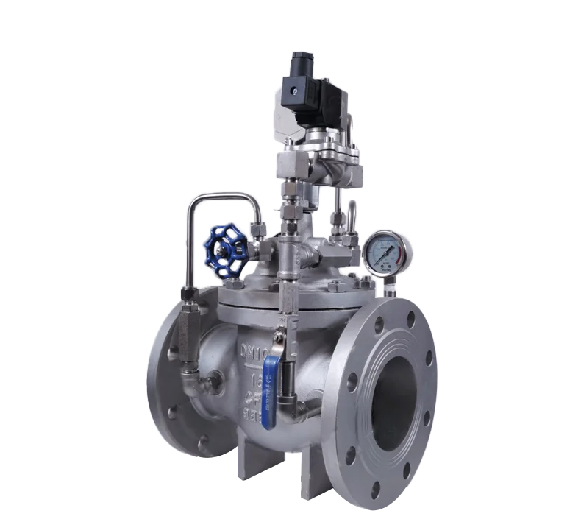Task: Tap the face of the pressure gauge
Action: click(x=385, y=253)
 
